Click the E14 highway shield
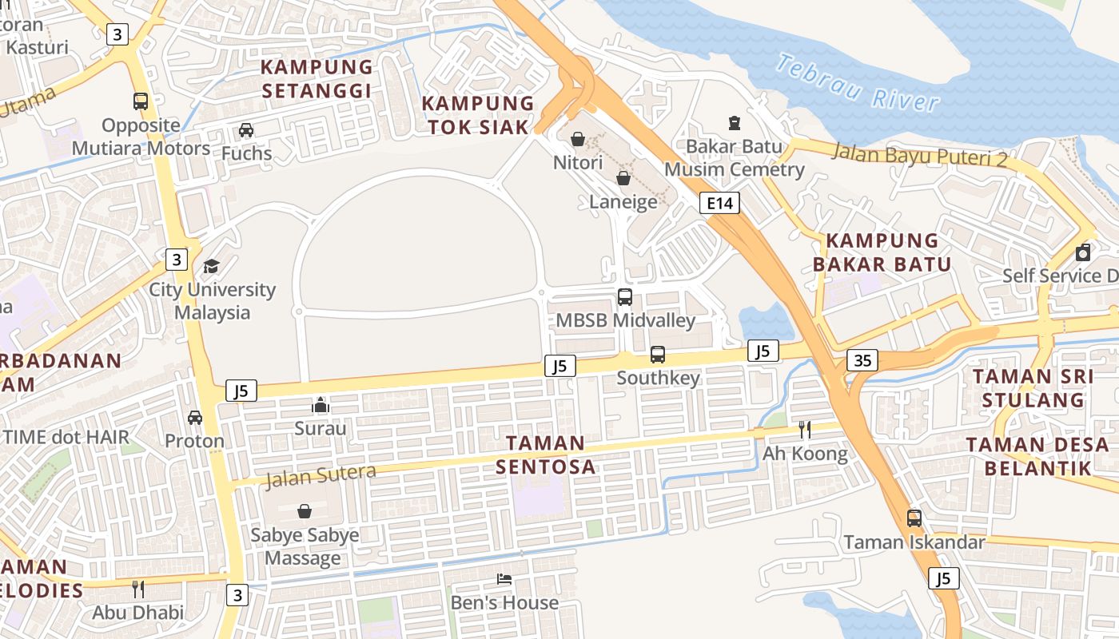point(719,203)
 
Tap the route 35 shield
point(862,360)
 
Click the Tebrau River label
point(858,83)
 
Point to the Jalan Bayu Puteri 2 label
point(919,154)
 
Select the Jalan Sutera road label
point(321,475)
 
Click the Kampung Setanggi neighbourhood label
point(317,78)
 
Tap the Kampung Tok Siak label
point(478,115)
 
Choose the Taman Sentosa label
point(546,454)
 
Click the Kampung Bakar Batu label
point(882,252)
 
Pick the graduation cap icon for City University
point(211,266)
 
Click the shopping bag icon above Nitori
point(578,140)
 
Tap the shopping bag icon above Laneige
point(623,178)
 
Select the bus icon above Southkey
point(658,354)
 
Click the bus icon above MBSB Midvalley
point(625,297)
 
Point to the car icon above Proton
point(195,417)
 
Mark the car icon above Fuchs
point(246,129)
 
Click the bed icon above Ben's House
point(504,579)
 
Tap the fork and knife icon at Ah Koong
point(805,430)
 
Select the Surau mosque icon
point(321,405)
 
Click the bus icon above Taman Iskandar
point(914,518)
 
